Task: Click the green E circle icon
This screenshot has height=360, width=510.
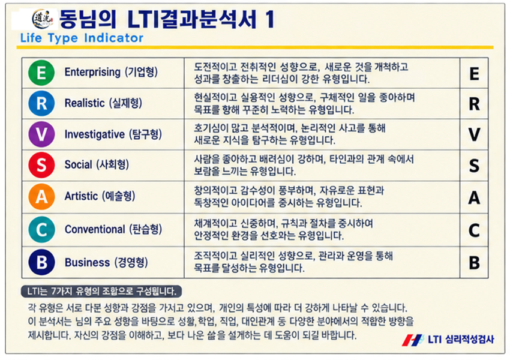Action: (x=41, y=73)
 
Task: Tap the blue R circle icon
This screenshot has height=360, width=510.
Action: (x=41, y=103)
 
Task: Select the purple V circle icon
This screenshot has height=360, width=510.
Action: (x=41, y=134)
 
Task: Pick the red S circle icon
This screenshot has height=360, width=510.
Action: (x=41, y=165)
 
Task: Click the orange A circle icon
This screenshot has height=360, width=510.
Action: (x=41, y=196)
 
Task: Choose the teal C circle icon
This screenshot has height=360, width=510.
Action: (x=41, y=229)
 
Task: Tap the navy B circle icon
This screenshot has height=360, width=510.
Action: (x=41, y=262)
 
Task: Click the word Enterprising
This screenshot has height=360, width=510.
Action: (x=92, y=72)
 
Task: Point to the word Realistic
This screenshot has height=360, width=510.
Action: (x=85, y=103)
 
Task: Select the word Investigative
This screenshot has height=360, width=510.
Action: (x=94, y=134)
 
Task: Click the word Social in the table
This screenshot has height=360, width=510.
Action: (x=78, y=164)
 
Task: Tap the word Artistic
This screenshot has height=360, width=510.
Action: (x=81, y=196)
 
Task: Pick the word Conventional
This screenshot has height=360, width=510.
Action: (x=95, y=229)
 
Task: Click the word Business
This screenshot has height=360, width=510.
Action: (x=87, y=262)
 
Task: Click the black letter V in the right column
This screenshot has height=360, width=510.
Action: (x=474, y=134)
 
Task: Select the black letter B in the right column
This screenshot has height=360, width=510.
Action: (x=474, y=263)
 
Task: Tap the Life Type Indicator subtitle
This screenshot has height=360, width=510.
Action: (x=82, y=38)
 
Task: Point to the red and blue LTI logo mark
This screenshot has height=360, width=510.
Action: (x=412, y=340)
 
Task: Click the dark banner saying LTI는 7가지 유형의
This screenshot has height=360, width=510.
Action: (x=101, y=292)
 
